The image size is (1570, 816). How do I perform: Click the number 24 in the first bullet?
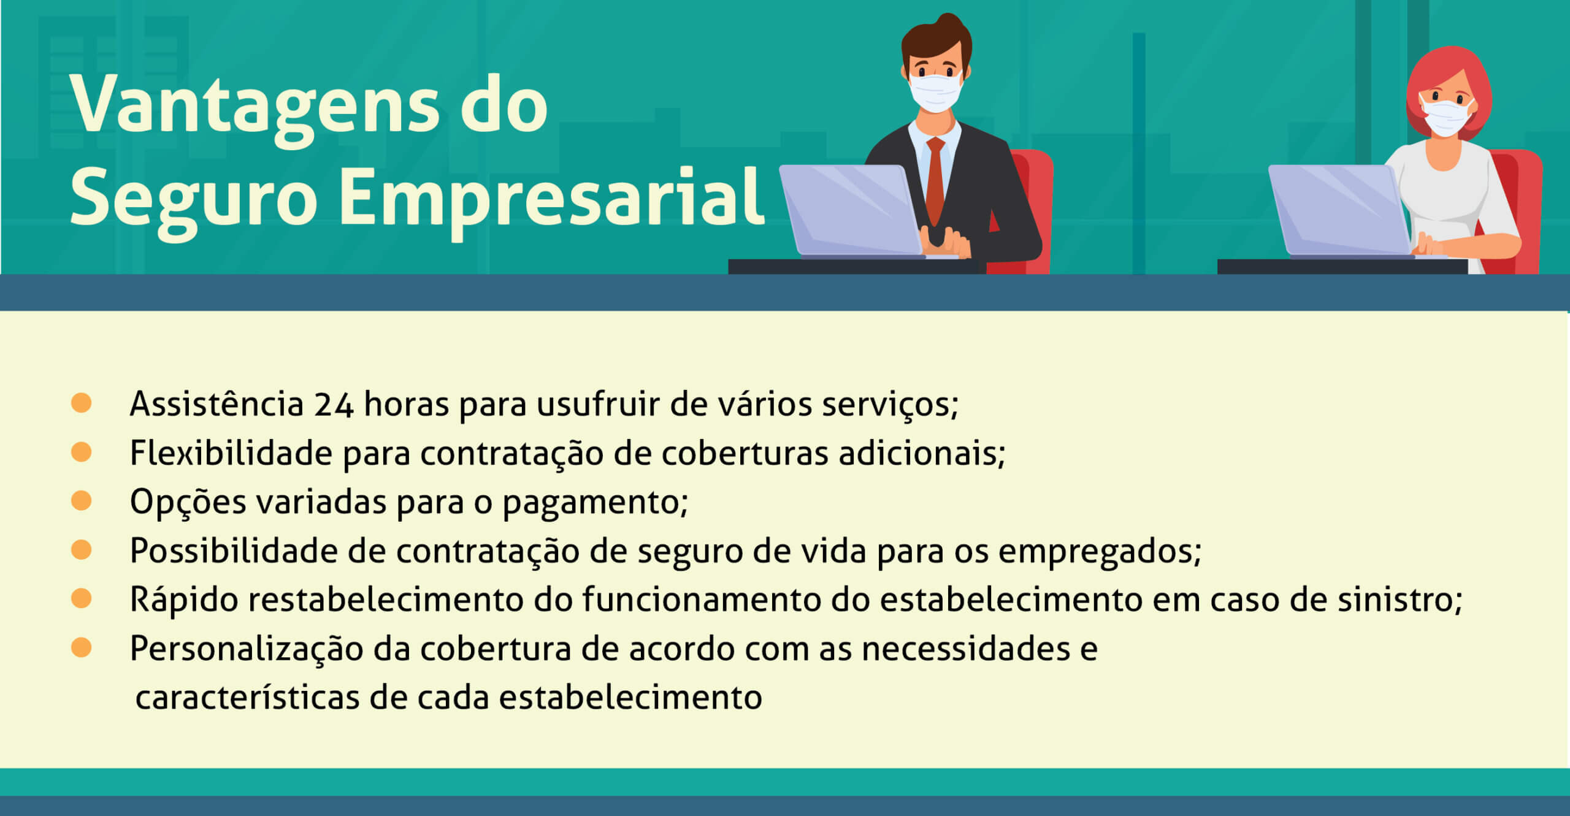(x=334, y=405)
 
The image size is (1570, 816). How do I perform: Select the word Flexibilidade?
(x=231, y=454)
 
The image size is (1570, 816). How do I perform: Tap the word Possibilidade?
(x=233, y=551)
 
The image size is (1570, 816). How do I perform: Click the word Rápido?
(x=183, y=600)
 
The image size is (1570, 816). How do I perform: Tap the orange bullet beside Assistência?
(x=81, y=403)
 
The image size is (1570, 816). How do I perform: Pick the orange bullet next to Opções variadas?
(x=81, y=500)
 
